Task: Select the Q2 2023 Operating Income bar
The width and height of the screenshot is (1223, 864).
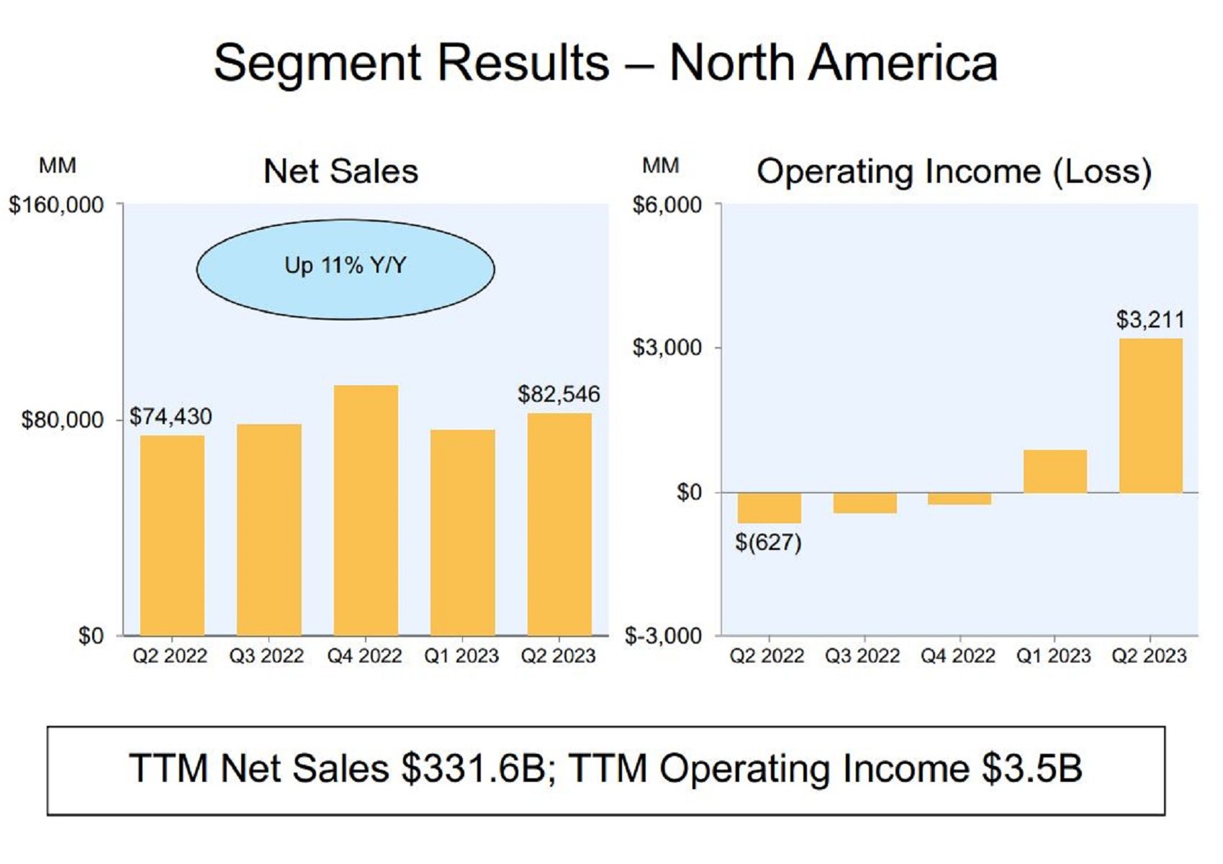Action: pyautogui.click(x=1150, y=415)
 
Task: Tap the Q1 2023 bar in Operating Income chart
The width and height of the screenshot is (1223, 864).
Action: pyautogui.click(x=1055, y=472)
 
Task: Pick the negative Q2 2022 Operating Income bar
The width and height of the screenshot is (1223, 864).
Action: pyautogui.click(x=769, y=508)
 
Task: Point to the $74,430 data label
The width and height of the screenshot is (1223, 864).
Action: pyautogui.click(x=171, y=417)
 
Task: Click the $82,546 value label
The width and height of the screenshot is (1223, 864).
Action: pyautogui.click(x=559, y=394)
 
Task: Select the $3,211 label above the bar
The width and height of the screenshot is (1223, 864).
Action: pyautogui.click(x=1150, y=319)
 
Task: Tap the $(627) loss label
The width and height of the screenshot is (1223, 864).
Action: pyautogui.click(x=768, y=542)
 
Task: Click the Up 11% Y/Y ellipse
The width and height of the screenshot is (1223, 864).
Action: pyautogui.click(x=346, y=269)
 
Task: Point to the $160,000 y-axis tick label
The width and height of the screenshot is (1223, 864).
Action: pyautogui.click(x=56, y=205)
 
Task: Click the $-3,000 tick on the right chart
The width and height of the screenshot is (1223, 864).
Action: pyautogui.click(x=663, y=636)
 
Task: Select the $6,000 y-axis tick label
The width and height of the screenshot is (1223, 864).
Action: pyautogui.click(x=667, y=205)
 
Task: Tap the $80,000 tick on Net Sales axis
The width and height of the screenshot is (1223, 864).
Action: pyautogui.click(x=63, y=420)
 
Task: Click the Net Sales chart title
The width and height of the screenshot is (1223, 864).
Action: pyautogui.click(x=340, y=171)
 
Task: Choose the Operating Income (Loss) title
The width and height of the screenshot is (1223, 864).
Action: pyautogui.click(x=954, y=171)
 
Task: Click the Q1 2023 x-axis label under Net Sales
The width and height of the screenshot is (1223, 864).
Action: pyautogui.click(x=461, y=656)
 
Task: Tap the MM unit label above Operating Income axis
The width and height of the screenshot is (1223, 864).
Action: pyautogui.click(x=660, y=166)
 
